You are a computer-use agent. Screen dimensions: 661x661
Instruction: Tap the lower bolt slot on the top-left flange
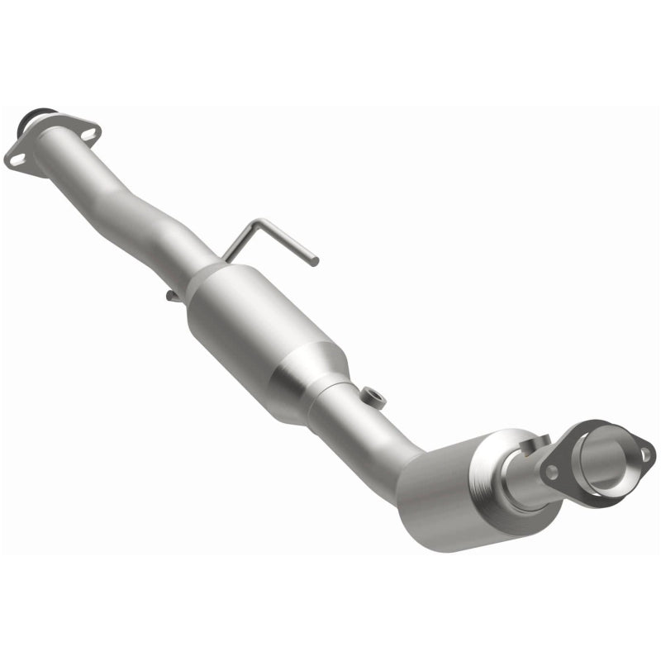pyautogui.click(x=16, y=160)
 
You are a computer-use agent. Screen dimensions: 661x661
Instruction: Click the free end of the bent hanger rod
pyautogui.click(x=314, y=262)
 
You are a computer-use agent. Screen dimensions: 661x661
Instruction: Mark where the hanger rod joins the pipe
pyautogui.click(x=226, y=257)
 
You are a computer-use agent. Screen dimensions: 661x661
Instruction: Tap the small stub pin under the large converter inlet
pyautogui.click(x=169, y=294)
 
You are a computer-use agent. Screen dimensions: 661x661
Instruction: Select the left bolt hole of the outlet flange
pyautogui.click(x=550, y=472)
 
